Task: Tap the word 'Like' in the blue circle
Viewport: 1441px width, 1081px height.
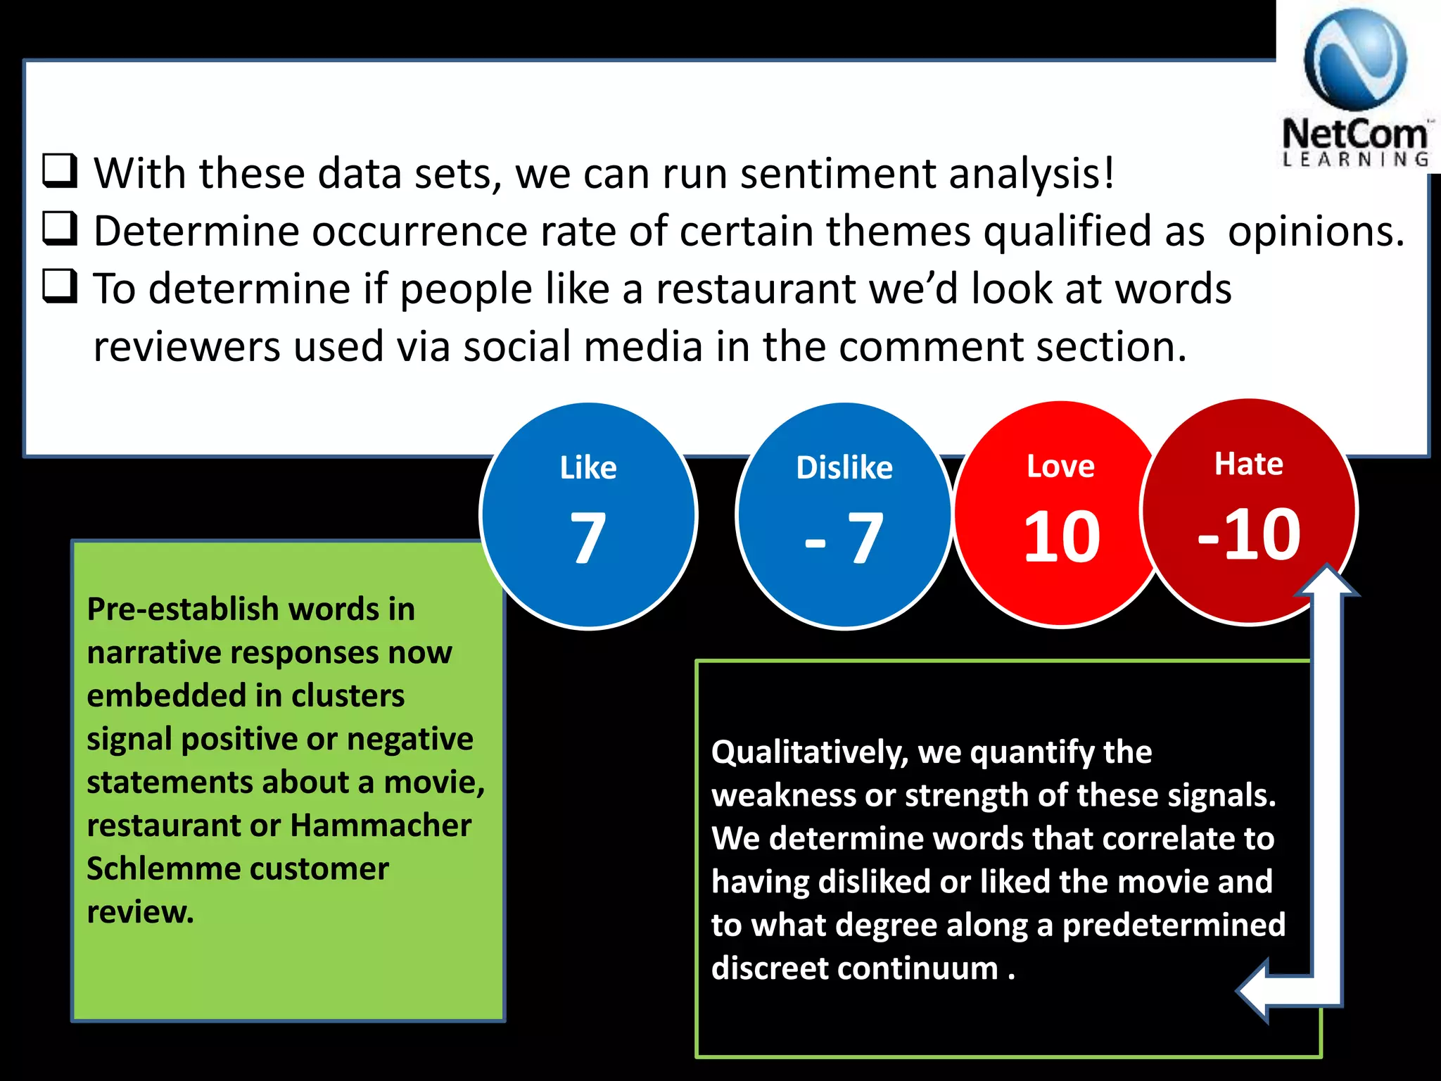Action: coord(588,468)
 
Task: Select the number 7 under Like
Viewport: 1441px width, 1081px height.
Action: coord(588,538)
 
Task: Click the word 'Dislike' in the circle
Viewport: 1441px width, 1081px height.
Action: coord(844,468)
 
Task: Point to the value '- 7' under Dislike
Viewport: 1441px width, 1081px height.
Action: coord(844,538)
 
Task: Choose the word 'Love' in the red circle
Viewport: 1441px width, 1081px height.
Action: coord(1060,467)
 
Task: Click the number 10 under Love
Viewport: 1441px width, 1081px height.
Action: coord(1061,537)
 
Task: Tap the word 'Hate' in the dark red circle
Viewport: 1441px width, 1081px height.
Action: coord(1249,464)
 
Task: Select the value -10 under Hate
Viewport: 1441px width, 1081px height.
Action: coord(1249,535)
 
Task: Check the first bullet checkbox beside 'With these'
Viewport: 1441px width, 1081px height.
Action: coord(60,170)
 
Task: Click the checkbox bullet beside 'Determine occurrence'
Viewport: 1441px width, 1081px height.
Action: coord(60,228)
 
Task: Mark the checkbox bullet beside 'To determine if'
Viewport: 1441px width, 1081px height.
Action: coord(60,286)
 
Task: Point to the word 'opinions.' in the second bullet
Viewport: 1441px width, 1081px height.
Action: coord(1316,232)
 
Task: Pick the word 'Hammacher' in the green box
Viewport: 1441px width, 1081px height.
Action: coord(381,826)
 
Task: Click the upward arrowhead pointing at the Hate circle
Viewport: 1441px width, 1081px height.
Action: coord(1327,581)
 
